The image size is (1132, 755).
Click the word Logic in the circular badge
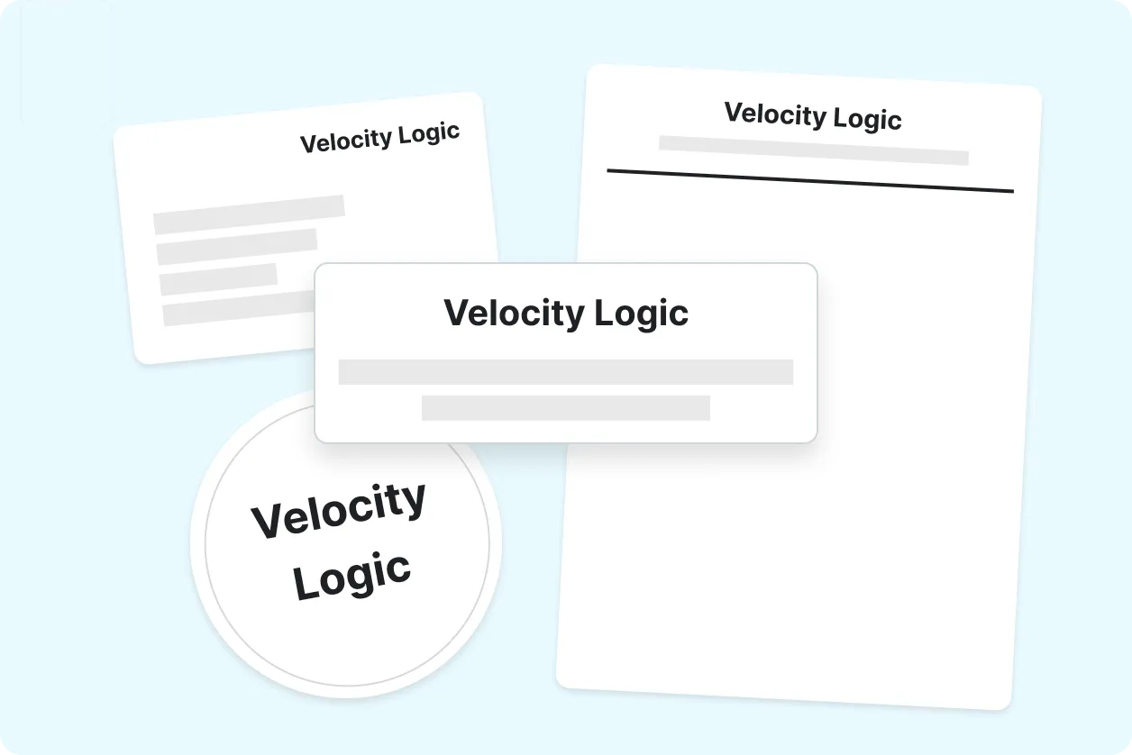(351, 577)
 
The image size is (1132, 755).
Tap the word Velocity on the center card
(514, 314)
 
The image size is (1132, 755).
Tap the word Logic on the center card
(642, 314)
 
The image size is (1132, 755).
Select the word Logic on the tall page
(867, 119)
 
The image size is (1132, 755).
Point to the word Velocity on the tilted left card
(346, 141)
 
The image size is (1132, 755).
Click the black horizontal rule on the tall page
(810, 181)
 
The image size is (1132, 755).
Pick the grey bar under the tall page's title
(814, 150)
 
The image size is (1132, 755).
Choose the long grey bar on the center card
(565, 372)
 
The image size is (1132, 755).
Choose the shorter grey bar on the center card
(565, 407)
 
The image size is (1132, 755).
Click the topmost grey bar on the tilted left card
(249, 214)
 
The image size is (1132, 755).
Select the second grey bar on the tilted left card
(236, 247)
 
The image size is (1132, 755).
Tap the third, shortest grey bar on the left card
(218, 278)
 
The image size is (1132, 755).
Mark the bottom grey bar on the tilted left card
(239, 308)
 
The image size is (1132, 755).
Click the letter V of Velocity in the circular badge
(267, 522)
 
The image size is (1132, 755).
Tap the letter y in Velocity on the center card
(574, 318)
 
